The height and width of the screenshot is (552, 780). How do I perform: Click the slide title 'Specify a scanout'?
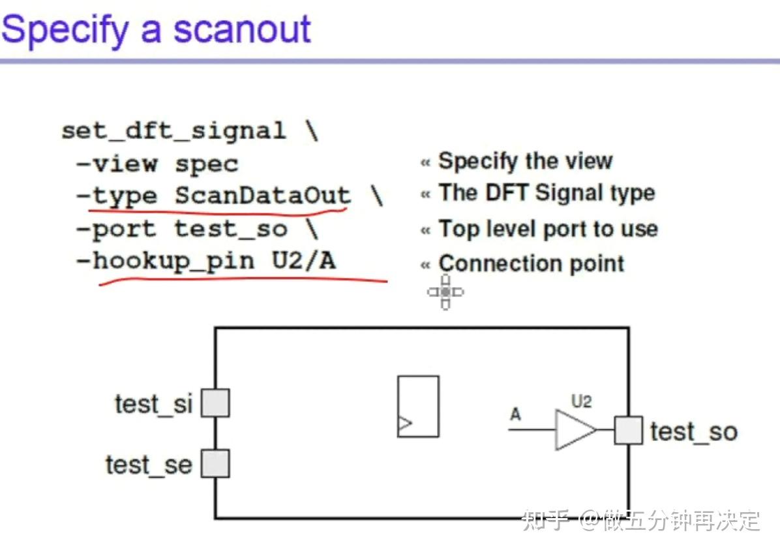click(x=157, y=29)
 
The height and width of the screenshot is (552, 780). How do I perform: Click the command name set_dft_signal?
click(x=173, y=131)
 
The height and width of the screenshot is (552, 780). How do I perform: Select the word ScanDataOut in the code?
click(x=262, y=196)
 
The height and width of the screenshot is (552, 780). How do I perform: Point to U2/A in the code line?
click(x=304, y=262)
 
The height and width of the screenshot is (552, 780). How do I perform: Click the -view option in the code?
click(x=117, y=164)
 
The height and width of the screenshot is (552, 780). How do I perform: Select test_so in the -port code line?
click(x=230, y=229)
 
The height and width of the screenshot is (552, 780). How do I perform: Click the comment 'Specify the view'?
click(x=525, y=161)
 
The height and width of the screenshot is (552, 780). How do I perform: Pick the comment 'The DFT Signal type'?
click(x=547, y=193)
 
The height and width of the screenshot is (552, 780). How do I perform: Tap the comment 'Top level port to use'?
click(x=548, y=229)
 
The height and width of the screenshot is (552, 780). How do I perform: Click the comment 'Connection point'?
click(x=531, y=264)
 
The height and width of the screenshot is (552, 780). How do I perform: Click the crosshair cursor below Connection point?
click(x=445, y=292)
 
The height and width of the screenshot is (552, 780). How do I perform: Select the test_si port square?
click(x=215, y=403)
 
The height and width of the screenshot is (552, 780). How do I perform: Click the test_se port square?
click(x=215, y=463)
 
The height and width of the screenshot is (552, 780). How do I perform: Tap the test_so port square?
click(x=628, y=431)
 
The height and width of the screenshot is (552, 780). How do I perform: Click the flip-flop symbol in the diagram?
click(x=418, y=406)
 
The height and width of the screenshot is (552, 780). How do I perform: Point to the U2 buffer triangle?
click(x=573, y=430)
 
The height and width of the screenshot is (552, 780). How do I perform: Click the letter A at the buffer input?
click(x=515, y=414)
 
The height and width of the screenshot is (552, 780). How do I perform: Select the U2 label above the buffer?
click(x=581, y=401)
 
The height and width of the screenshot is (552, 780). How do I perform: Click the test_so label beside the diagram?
click(x=693, y=432)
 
